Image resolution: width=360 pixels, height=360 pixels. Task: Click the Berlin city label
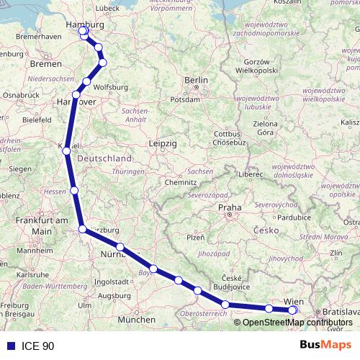tap(196, 80)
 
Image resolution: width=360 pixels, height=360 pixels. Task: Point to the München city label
tap(136, 319)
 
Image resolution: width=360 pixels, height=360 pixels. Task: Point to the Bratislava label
tap(340, 311)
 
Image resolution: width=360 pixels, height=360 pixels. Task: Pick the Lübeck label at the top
tap(106, 8)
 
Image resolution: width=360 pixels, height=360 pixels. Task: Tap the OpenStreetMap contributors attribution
tap(292, 322)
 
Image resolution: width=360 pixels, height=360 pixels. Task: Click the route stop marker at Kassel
tap(67, 151)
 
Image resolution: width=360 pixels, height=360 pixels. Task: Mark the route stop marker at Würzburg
tap(83, 229)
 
